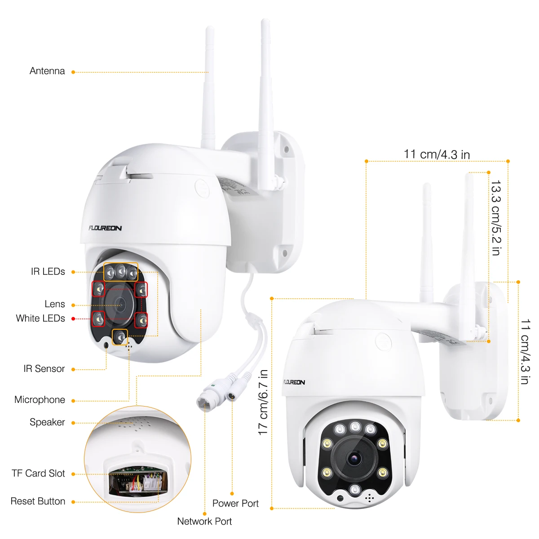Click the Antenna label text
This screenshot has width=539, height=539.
coord(47,71)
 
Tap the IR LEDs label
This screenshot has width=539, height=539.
coord(48,271)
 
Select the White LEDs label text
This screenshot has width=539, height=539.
coord(40,318)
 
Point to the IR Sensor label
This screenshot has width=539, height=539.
coord(44,369)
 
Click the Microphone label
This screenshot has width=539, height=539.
coord(40,400)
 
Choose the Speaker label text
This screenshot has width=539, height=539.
coord(47,422)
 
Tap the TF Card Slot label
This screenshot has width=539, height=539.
coord(38,473)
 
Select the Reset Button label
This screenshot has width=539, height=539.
coord(38,501)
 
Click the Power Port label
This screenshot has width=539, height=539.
coord(235,504)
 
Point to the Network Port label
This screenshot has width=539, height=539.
coord(204,521)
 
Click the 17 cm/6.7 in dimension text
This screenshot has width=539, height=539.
coord(263,402)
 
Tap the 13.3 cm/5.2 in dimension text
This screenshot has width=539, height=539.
coord(495,218)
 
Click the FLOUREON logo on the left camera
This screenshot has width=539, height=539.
coord(105,228)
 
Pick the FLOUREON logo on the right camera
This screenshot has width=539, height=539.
coord(294,382)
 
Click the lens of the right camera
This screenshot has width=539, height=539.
coord(353,458)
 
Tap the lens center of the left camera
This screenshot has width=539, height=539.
coord(120,305)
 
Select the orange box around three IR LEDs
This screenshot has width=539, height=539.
coord(121,272)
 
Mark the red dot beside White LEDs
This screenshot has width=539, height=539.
coord(73,319)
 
